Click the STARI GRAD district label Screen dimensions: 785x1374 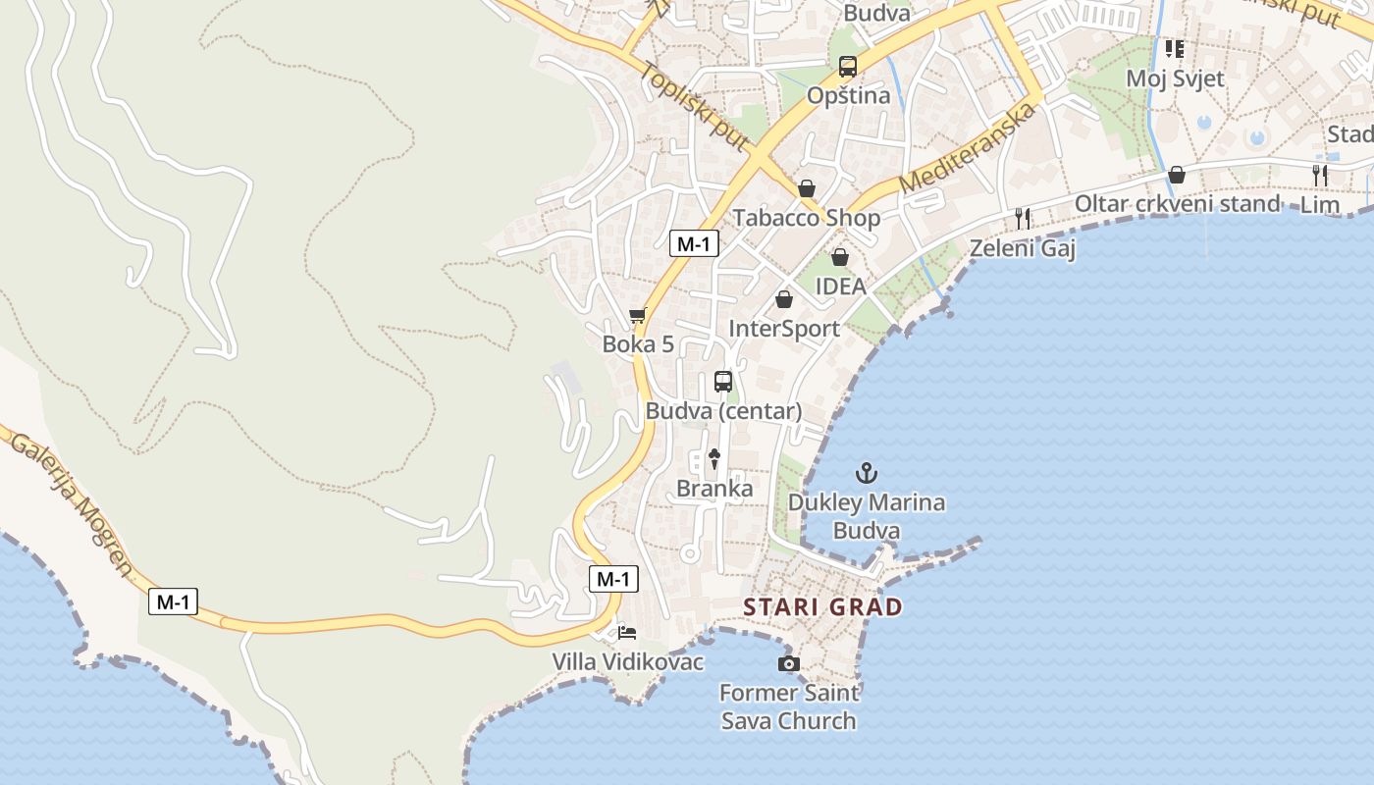[822, 606]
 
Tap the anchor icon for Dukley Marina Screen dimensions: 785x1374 [866, 474]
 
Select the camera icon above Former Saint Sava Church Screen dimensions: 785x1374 [788, 664]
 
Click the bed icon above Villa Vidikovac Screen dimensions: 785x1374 [627, 632]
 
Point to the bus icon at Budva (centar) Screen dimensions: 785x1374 [723, 382]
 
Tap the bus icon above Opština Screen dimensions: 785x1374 [848, 67]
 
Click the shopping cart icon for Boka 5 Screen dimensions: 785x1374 [638, 316]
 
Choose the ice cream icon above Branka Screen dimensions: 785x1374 [714, 458]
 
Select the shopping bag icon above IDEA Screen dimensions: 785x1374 [840, 257]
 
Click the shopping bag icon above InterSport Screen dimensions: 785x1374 [783, 299]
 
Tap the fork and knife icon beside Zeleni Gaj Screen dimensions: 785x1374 [1023, 219]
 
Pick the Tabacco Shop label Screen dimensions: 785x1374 [807, 217]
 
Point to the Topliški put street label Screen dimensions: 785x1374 [693, 107]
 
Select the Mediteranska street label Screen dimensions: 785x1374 [968, 147]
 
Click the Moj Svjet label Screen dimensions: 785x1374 [1175, 78]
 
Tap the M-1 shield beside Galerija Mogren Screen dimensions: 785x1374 [173, 602]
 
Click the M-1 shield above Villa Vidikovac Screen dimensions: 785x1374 [613, 579]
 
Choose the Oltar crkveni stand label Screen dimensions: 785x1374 [1178, 204]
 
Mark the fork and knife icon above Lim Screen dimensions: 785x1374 [1320, 176]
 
